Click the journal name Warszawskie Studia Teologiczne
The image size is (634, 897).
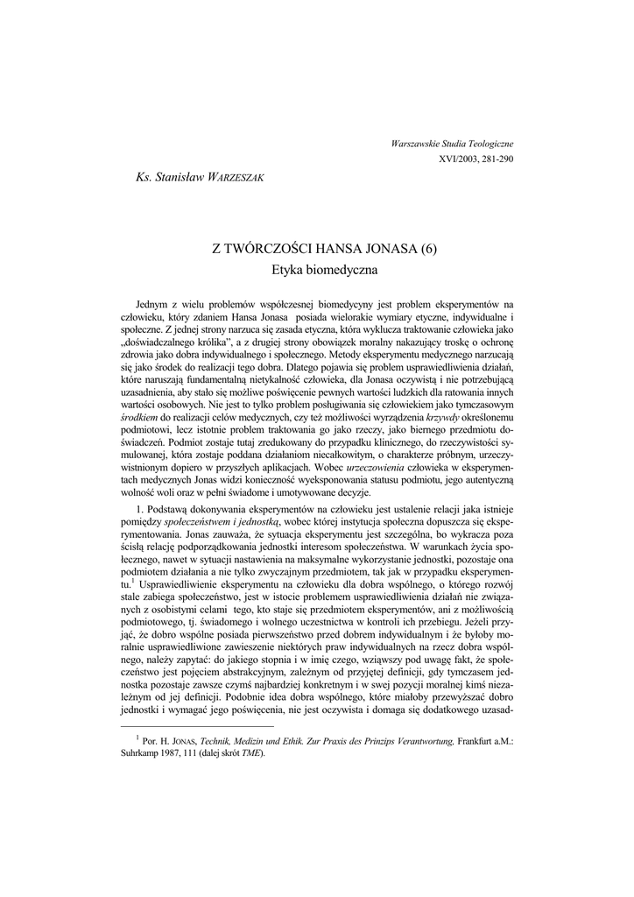click(452, 142)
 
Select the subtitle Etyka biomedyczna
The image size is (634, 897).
click(317, 272)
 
